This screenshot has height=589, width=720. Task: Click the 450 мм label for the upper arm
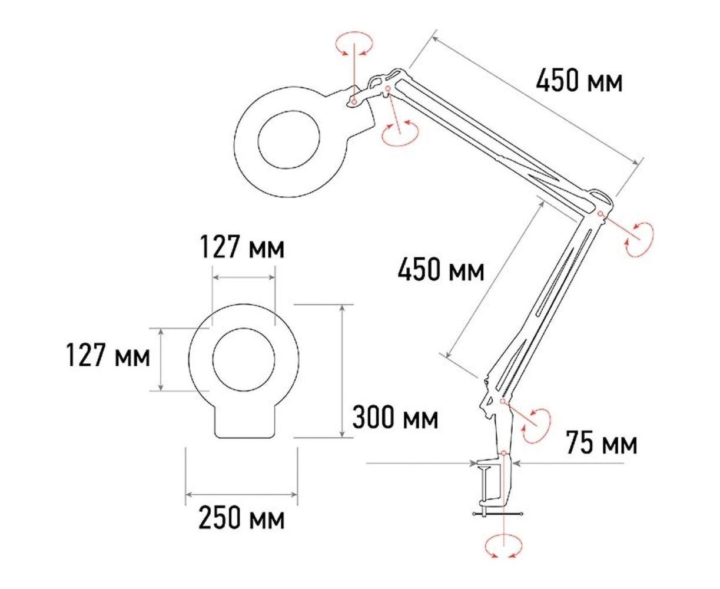coord(579,80)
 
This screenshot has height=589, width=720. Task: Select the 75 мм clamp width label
coord(602,442)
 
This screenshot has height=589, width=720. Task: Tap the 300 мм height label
coord(395,417)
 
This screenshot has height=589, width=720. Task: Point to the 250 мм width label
coord(241,518)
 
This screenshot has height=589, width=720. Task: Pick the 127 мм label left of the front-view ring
coord(108,355)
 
